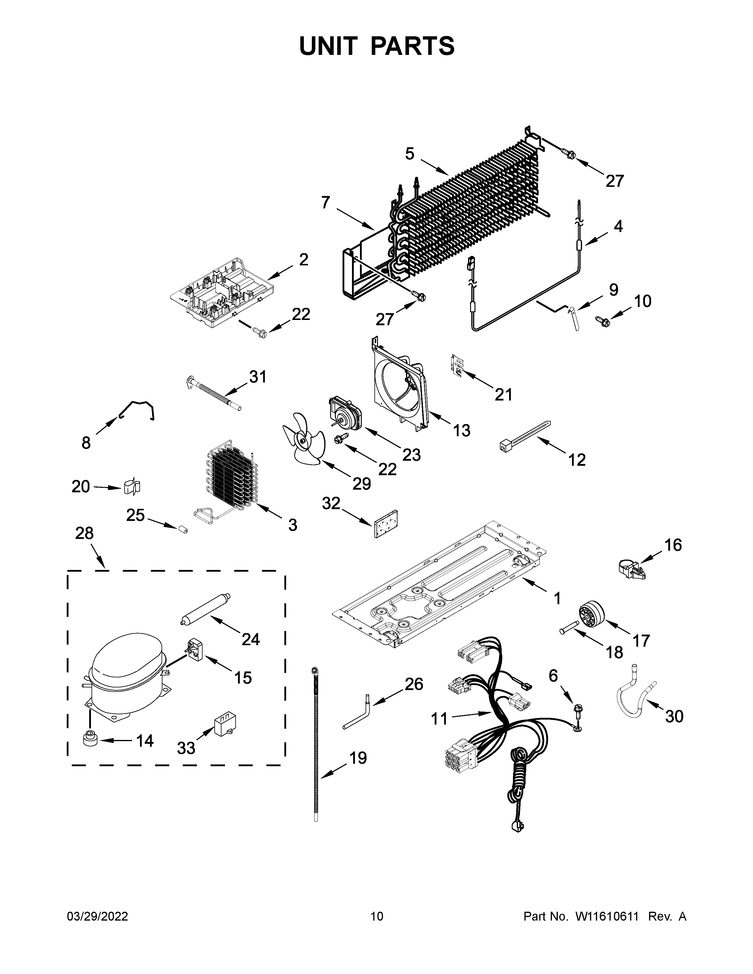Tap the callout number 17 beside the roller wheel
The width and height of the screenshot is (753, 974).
coord(641,641)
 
